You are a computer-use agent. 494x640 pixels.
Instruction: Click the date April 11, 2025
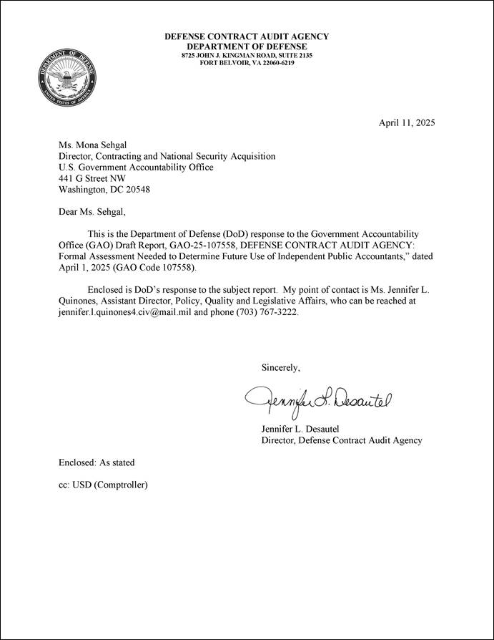coord(406,122)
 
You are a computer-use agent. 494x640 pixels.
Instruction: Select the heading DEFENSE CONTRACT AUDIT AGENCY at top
coord(247,37)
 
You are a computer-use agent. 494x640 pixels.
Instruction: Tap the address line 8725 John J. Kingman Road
coord(247,55)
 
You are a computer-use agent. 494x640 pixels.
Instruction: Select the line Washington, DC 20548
coord(104,190)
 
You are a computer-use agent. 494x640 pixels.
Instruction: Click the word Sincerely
coord(281,367)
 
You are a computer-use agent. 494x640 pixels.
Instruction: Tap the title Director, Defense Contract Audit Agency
coord(342,440)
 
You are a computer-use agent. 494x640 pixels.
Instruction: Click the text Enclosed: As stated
coord(97,462)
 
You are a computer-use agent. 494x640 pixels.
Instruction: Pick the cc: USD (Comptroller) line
coord(103,485)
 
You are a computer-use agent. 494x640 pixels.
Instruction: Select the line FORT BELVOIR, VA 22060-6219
coord(247,62)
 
